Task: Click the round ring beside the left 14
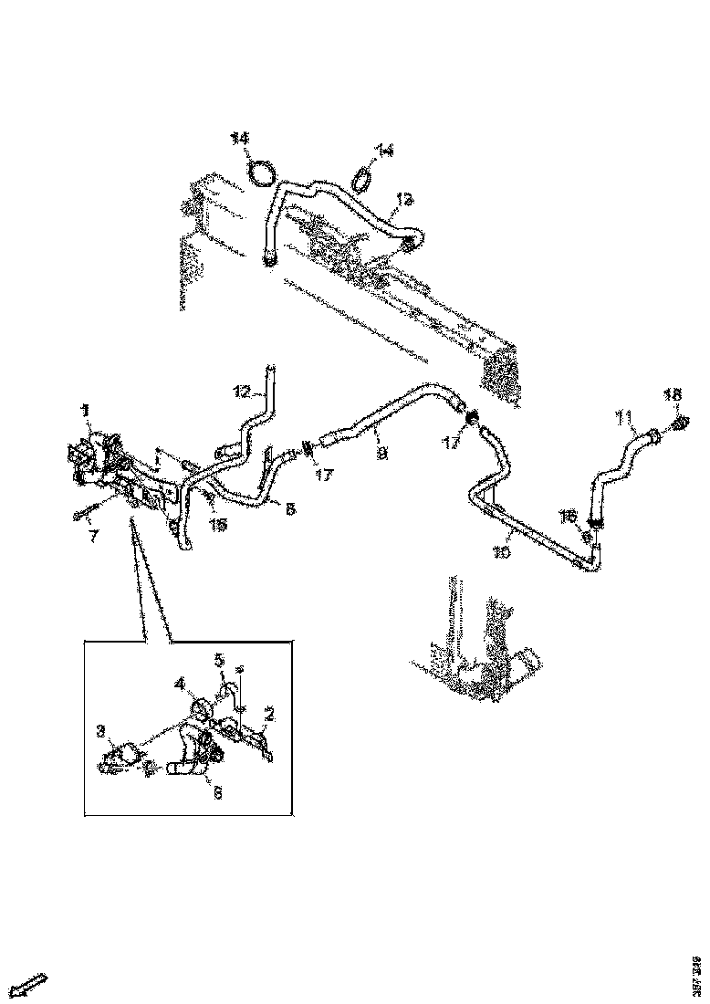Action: [262, 171]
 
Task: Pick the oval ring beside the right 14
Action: [362, 177]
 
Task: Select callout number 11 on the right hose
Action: [624, 419]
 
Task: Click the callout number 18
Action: [672, 395]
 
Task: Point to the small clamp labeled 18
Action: [680, 424]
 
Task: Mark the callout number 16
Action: [568, 516]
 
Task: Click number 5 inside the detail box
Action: [219, 659]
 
